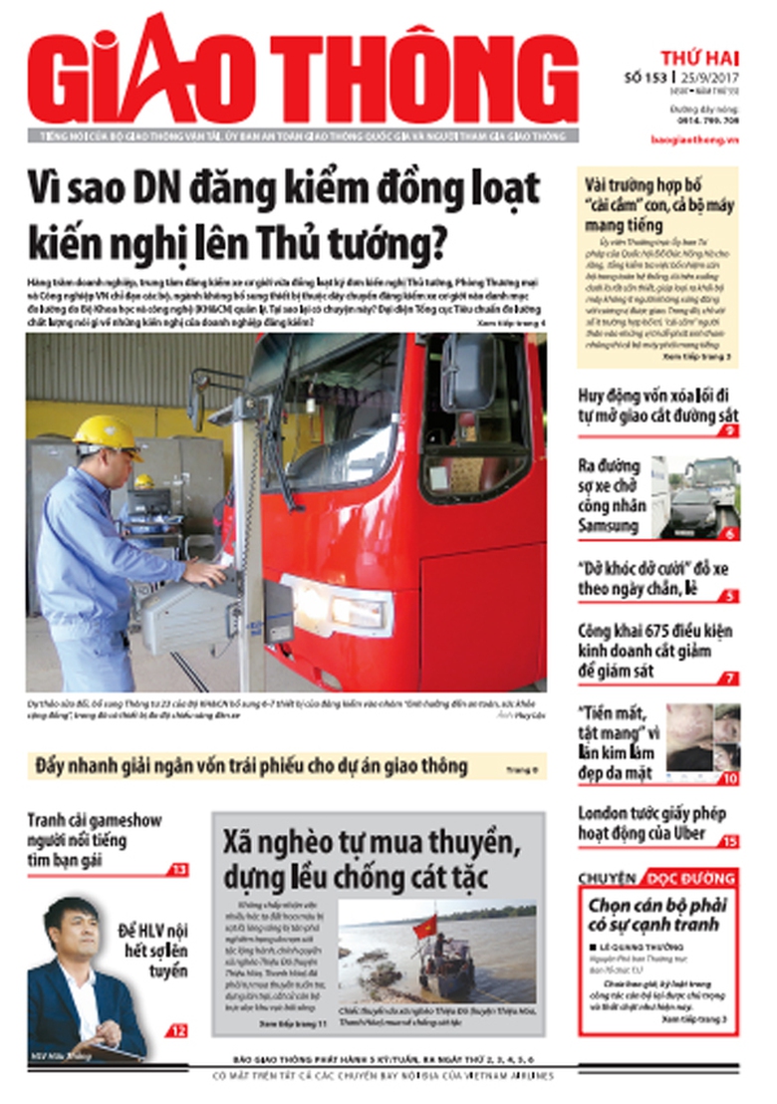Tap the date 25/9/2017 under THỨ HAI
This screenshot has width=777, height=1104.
(x=709, y=76)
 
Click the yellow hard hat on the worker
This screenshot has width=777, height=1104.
(x=106, y=433)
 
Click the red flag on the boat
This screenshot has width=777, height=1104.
(x=425, y=925)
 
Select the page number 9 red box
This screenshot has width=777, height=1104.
(x=730, y=430)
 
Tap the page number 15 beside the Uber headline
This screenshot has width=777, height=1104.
(x=730, y=841)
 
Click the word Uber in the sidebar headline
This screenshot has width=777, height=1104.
(x=688, y=832)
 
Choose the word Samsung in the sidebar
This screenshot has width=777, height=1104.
(x=610, y=525)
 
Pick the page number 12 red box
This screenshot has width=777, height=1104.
(x=177, y=1030)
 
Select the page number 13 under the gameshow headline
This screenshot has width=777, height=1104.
(x=177, y=870)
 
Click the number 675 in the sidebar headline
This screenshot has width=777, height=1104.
(x=665, y=632)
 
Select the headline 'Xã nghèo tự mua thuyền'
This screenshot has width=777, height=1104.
(x=371, y=845)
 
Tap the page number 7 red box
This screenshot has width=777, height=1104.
(x=730, y=679)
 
